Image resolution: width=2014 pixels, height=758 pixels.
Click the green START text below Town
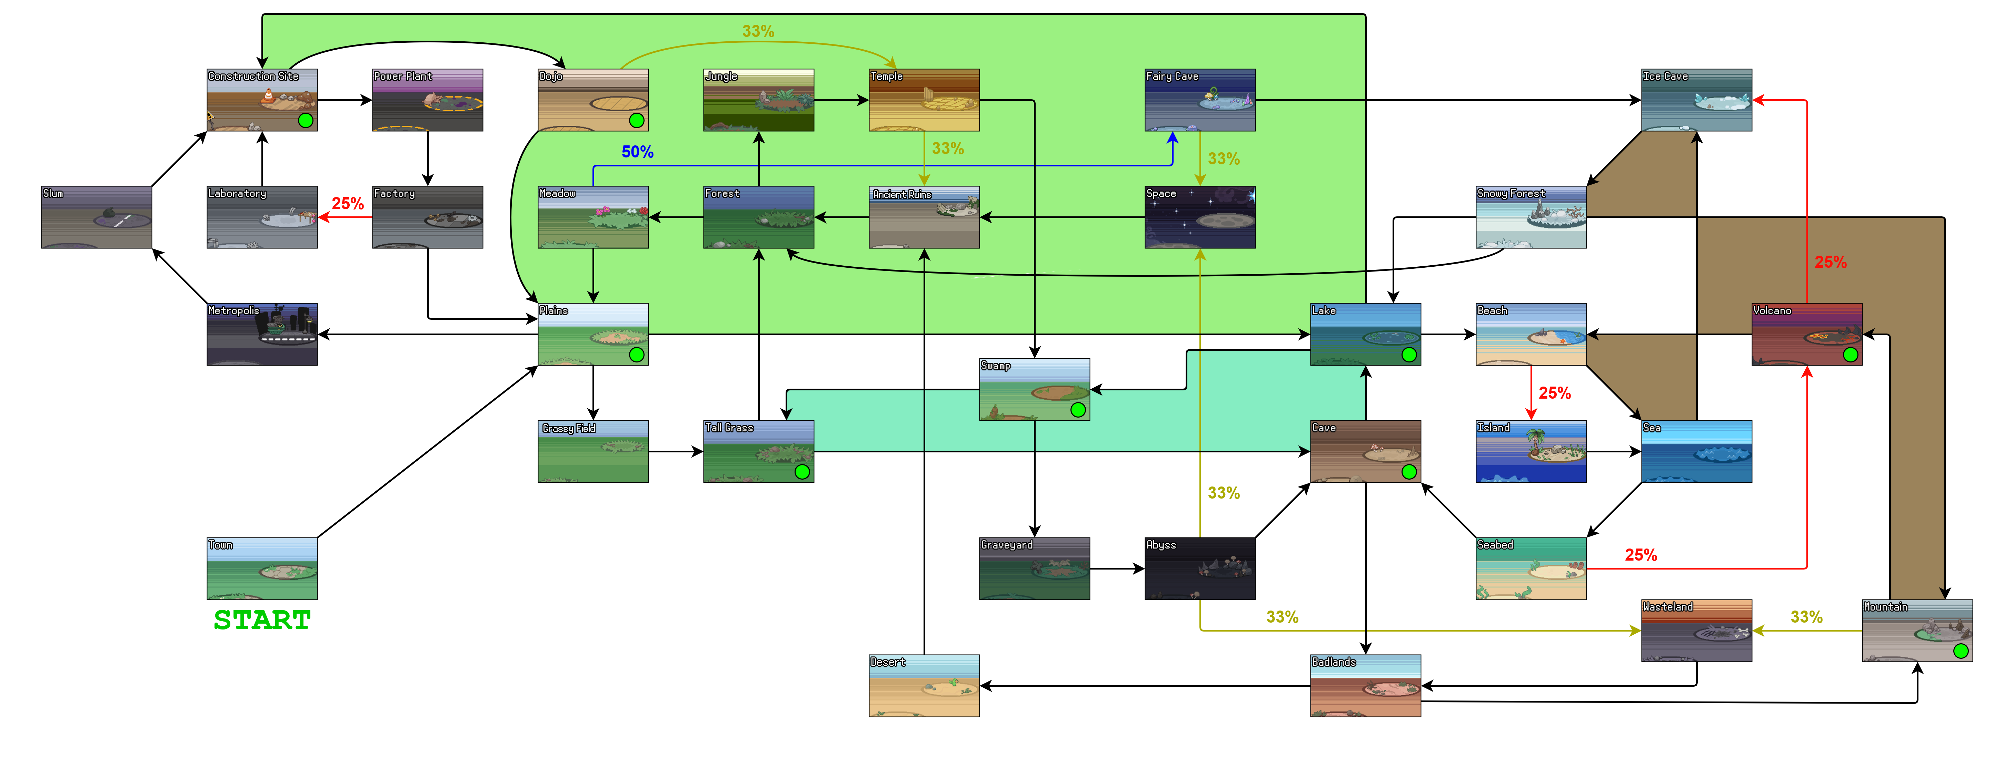(x=262, y=620)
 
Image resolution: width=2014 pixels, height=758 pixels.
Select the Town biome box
(x=262, y=569)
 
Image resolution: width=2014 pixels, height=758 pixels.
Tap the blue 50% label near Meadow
(x=637, y=152)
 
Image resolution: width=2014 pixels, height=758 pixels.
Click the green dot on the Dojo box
(x=636, y=120)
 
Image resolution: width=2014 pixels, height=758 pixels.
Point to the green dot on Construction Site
(x=306, y=120)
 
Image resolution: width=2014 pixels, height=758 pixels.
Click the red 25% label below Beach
(x=1554, y=393)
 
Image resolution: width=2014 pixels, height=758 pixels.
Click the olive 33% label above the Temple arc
(x=758, y=31)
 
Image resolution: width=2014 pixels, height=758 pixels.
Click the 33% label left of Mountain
(x=1806, y=617)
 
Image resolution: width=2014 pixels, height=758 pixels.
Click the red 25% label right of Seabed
(x=1640, y=555)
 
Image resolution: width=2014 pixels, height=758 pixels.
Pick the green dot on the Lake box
(x=1409, y=355)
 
